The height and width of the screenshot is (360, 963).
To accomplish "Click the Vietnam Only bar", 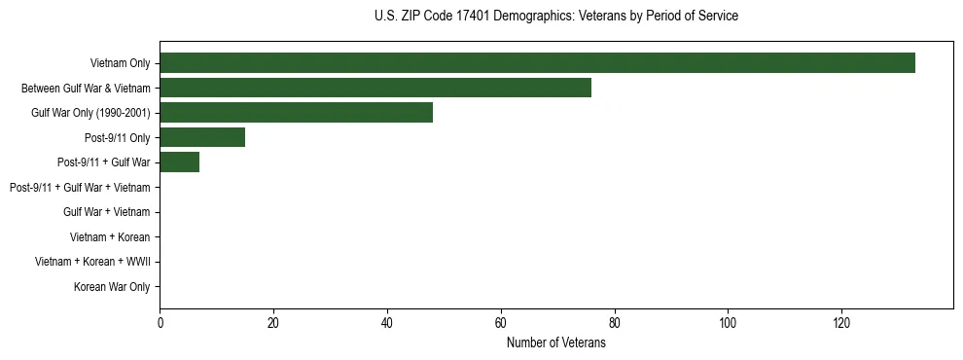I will tap(537, 63).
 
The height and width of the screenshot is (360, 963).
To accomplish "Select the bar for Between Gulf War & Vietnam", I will tap(375, 88).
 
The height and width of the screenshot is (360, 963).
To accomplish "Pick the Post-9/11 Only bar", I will tap(202, 138).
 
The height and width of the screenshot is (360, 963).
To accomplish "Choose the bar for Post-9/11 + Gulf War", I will tap(180, 162).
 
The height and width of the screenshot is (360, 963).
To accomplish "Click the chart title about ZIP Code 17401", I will tap(555, 17).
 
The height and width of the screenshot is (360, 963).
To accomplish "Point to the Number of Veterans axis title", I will tap(555, 343).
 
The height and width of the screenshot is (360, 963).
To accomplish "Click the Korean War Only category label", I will tap(112, 287).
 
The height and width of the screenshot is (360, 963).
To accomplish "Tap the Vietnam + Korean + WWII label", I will tap(92, 262).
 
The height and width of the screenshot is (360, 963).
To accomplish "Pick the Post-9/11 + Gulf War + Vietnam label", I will tap(80, 187).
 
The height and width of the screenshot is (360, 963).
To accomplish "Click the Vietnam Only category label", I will tap(120, 63).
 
